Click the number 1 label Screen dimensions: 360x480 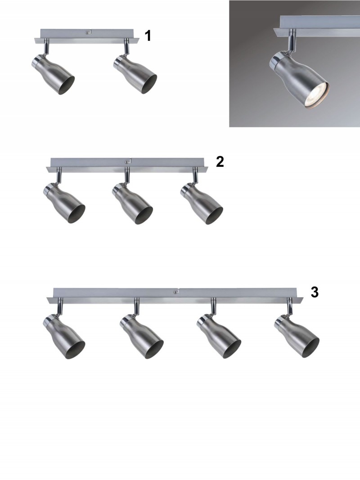pos(148,36)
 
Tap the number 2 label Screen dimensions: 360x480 pos(220,161)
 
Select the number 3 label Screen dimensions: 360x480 pos(315,292)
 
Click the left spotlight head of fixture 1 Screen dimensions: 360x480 pos(53,75)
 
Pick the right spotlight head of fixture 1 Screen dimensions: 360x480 pos(135,75)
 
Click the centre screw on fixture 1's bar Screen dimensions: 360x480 pos(88,31)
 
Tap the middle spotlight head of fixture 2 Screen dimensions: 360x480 pos(132,203)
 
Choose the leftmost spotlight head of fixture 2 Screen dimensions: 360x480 pos(64,203)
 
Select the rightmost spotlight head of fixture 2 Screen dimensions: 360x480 pos(202,203)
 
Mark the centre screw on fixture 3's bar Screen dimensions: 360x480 pos(175,292)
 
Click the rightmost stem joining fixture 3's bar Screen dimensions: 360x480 pos(288,306)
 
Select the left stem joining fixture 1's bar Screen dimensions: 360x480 pos(45,47)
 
